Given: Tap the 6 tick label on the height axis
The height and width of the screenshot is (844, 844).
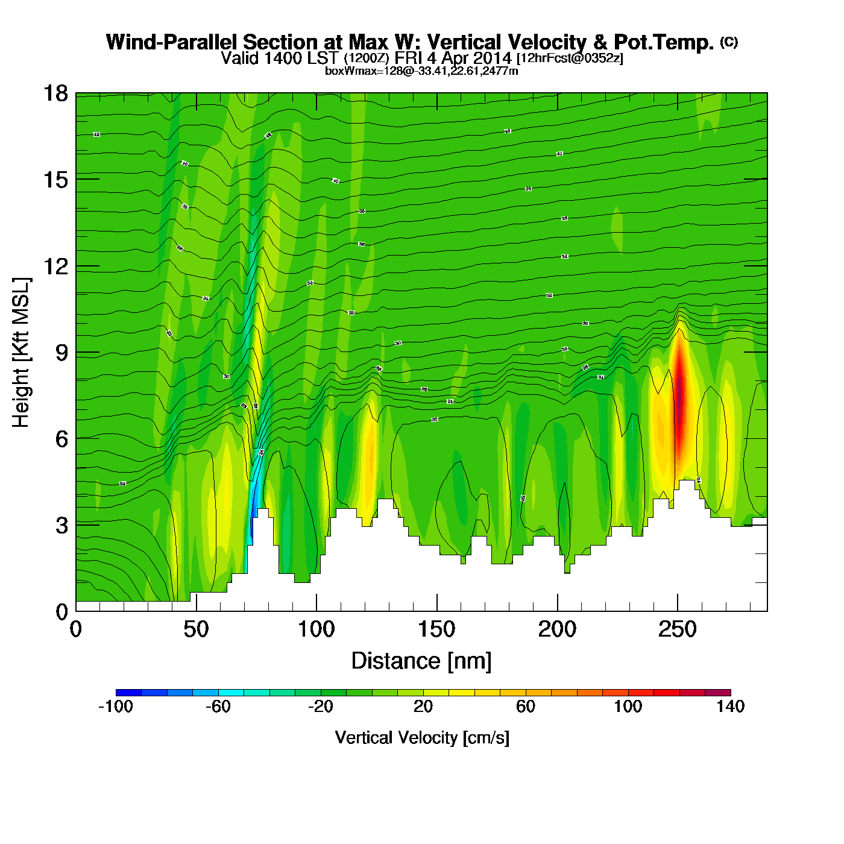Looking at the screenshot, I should coord(61,439).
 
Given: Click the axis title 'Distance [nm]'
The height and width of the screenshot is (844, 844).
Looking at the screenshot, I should coord(421,661).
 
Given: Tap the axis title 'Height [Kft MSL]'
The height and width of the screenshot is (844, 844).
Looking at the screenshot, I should coord(21,353).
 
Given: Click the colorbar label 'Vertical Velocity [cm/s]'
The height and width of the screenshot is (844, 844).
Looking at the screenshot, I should coord(422,737).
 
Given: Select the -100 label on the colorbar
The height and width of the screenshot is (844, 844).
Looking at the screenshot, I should coord(115,707).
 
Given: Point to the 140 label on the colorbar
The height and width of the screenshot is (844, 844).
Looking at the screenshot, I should coord(731,707).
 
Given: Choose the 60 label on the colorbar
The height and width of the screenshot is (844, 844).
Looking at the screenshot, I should coord(526,707).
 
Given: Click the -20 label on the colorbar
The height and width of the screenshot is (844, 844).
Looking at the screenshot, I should coord(320,707).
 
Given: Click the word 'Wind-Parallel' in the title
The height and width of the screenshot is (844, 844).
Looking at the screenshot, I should coord(172,42).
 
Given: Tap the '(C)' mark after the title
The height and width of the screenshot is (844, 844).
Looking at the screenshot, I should coord(729,42).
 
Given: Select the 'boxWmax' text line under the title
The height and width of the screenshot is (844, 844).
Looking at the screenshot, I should coord(421,71).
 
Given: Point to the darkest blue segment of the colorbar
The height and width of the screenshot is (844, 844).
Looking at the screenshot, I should coord(128,693).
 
